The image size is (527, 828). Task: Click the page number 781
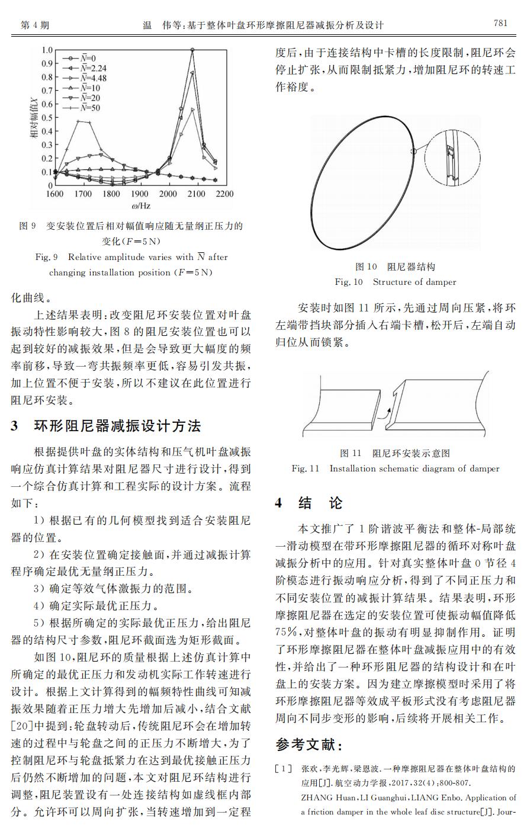(500, 24)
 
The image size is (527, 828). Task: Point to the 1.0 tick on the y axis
(47, 50)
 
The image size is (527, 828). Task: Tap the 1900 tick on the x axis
(140, 194)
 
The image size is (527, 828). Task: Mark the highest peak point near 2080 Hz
(192, 50)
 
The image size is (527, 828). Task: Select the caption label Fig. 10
(349, 282)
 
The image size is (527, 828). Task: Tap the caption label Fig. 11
(306, 468)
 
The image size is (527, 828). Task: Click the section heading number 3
(15, 426)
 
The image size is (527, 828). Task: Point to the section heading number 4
(279, 503)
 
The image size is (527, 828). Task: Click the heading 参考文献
(308, 744)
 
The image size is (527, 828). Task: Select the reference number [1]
(284, 769)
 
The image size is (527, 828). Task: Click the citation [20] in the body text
(21, 726)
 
